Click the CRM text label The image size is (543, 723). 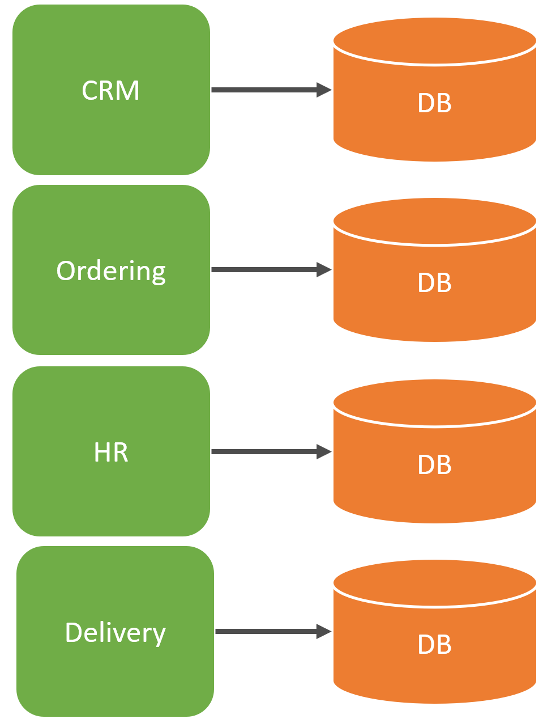110,91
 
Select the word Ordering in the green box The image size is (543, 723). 111,271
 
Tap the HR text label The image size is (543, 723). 111,453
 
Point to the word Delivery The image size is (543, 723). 115,633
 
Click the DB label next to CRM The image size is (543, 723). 434,103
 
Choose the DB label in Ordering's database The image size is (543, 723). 434,283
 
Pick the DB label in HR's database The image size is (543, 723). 434,465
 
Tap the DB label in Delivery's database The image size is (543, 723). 434,645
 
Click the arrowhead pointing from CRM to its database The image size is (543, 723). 324,90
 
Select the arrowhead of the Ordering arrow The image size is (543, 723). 324,269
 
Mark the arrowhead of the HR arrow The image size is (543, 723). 324,451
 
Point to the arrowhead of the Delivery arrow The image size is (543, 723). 324,631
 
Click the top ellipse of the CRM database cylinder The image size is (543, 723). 434,41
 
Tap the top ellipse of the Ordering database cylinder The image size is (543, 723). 434,221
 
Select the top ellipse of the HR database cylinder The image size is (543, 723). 434,403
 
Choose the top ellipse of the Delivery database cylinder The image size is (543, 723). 434,583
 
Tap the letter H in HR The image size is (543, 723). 102,453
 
